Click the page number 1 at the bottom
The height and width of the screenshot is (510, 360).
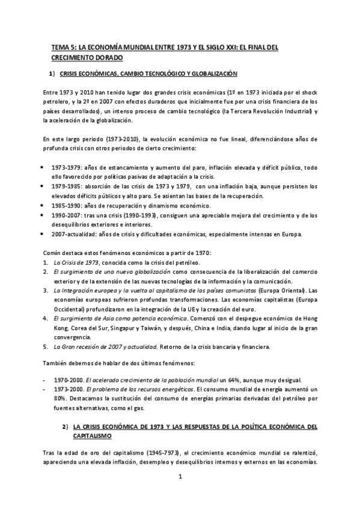pyautogui.click(x=180, y=478)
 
